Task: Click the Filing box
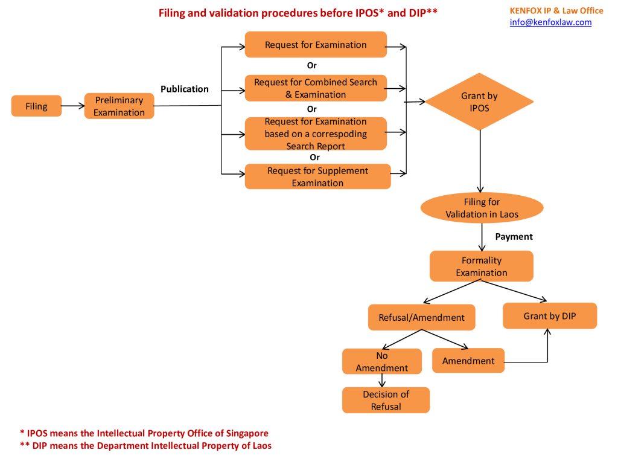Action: click(36, 106)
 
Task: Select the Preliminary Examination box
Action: click(119, 106)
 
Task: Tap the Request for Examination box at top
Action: click(316, 45)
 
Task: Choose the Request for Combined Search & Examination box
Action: click(316, 88)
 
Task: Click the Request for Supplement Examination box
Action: click(317, 176)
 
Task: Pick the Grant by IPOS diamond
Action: click(479, 101)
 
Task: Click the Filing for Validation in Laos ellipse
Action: click(482, 208)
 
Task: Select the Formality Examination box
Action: click(481, 266)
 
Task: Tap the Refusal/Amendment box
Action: click(421, 317)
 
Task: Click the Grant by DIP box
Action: click(549, 316)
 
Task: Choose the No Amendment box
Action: click(381, 362)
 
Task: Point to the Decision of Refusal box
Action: click(386, 400)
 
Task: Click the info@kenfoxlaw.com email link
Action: click(550, 22)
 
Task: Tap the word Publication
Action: click(184, 89)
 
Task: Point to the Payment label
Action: click(514, 237)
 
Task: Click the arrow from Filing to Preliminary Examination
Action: click(72, 106)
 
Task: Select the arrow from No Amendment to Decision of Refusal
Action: click(382, 381)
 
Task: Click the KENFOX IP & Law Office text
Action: click(556, 10)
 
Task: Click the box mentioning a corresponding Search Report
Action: click(316, 134)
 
